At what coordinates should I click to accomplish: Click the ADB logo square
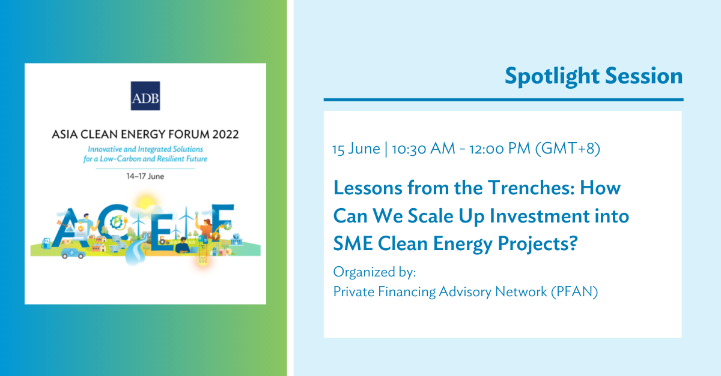pos(145,96)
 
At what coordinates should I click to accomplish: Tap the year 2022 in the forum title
pos(225,134)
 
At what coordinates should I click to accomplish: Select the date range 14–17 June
pos(145,176)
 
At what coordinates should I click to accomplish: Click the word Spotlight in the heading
pos(552,77)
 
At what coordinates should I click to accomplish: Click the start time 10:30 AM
pos(424,149)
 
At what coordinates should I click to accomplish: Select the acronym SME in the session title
pos(353,243)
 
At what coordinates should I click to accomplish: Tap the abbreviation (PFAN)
pos(574,292)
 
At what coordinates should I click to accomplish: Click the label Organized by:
pos(375,272)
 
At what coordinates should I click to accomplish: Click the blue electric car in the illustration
pos(73,253)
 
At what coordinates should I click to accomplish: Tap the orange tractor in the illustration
pos(164,240)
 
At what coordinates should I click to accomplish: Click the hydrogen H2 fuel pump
pos(46,243)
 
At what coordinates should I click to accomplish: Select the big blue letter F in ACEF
pos(222,222)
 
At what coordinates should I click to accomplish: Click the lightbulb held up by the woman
pos(196,213)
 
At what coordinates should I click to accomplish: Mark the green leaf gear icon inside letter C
pos(116,222)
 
